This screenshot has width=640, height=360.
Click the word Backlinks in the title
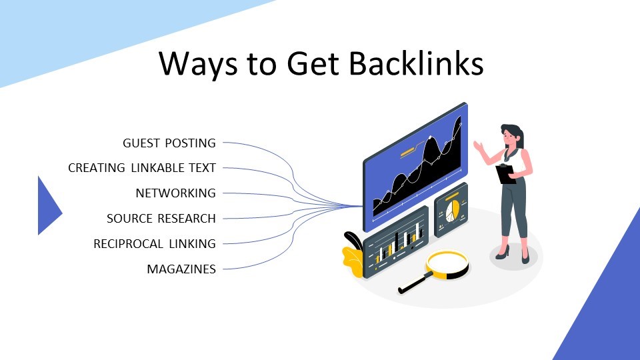[x=416, y=63]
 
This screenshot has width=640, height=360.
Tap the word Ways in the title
[x=197, y=65]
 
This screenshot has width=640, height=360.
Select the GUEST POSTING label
[x=169, y=143]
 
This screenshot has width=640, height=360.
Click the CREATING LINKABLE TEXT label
[x=141, y=168]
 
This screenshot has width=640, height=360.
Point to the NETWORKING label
[x=175, y=193]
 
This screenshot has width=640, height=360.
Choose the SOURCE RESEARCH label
[x=161, y=219]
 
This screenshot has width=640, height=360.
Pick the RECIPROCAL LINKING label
[x=154, y=244]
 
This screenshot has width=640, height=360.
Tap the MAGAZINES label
[x=181, y=269]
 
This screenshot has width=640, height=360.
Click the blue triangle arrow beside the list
[x=49, y=206]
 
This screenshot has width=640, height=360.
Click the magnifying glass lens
[x=447, y=265]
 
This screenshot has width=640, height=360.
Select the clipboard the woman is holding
[x=505, y=173]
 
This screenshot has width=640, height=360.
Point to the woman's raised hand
[x=478, y=145]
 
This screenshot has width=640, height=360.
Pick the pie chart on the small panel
[x=452, y=211]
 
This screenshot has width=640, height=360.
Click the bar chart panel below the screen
[x=395, y=242]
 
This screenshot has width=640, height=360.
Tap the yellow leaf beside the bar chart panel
[x=353, y=261]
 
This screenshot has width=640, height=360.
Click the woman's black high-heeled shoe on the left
[x=503, y=252]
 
